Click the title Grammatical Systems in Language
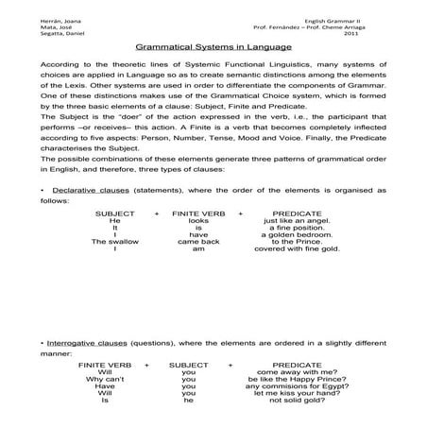(x=213, y=44)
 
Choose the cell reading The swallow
(x=114, y=267)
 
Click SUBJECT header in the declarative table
(x=114, y=237)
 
